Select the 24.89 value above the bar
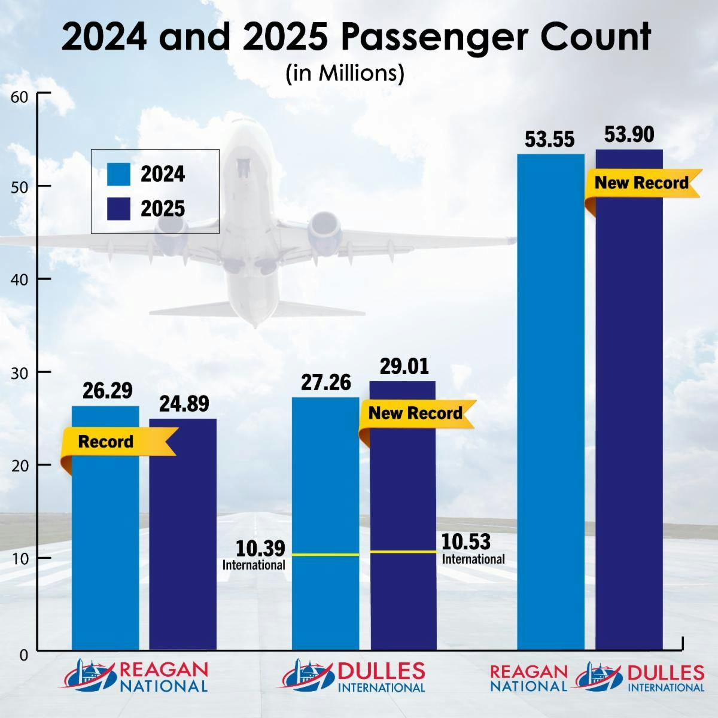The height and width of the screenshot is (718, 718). (184, 404)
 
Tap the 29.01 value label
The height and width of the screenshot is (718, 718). (404, 367)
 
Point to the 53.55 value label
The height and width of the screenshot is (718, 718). (549, 139)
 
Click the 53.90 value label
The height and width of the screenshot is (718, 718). (629, 135)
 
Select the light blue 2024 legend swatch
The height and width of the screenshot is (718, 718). (118, 174)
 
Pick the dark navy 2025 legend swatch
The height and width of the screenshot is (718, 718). (118, 209)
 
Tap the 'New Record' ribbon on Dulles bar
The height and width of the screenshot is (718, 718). (415, 413)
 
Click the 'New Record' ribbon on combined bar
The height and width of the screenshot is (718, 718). (641, 182)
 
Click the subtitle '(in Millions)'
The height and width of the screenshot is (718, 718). (345, 73)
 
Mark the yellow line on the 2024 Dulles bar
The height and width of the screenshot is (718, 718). (325, 555)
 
